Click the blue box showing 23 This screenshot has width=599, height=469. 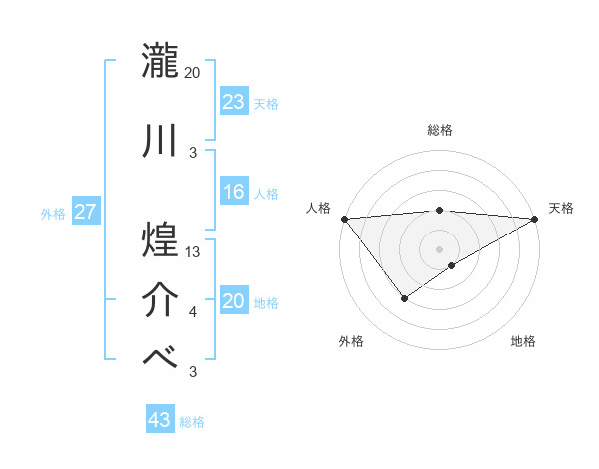[234, 101]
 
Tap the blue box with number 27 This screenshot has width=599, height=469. [86, 213]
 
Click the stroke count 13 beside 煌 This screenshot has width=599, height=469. [193, 253]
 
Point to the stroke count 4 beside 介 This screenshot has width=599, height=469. [193, 313]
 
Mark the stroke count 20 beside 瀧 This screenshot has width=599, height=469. [193, 72]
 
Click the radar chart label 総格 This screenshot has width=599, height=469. [439, 130]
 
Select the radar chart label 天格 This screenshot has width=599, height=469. [561, 208]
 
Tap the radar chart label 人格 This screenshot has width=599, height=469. [320, 208]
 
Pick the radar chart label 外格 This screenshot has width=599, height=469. [350, 341]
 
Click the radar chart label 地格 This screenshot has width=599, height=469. [523, 341]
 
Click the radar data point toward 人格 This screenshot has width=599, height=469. [344, 218]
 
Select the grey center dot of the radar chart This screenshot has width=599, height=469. [439, 247]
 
